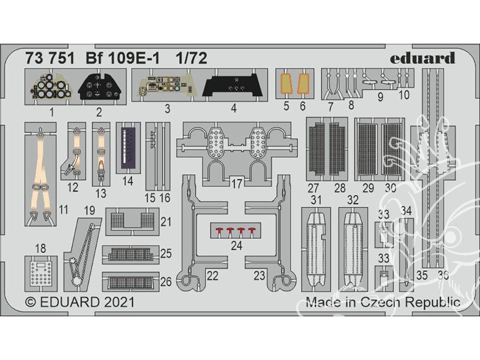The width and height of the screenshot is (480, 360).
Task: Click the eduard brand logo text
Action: pos(422,58)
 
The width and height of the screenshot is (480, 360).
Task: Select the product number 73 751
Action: pos(50,58)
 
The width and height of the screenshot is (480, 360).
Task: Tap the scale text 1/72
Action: pos(192,58)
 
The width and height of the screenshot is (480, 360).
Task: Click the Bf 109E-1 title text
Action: pos(122,58)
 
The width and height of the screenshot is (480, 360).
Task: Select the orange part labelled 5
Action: pos(286,84)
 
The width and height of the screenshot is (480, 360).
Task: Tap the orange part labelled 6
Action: pos(303,84)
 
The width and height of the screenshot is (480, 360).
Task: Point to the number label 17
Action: pos(237,184)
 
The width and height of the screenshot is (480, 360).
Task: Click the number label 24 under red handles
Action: pos(237,245)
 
